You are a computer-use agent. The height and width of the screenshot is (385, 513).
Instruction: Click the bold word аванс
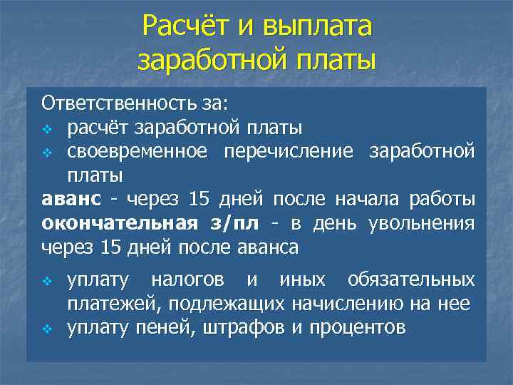tap(71, 200)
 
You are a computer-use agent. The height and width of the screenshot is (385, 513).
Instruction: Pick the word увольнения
tap(421, 223)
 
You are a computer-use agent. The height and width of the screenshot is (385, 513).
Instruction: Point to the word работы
tap(446, 200)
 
